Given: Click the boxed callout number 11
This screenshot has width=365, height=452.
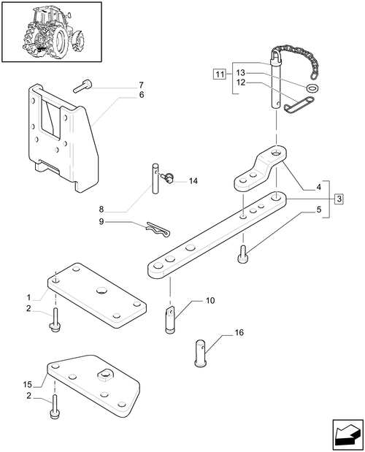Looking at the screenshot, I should click(219, 74).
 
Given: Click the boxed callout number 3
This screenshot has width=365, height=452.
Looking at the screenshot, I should click(339, 199).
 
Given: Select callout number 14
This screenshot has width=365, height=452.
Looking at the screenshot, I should click(193, 181).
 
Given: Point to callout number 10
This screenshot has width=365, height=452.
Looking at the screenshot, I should click(210, 301).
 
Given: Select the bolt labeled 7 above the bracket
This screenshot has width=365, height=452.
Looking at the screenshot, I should click(81, 88).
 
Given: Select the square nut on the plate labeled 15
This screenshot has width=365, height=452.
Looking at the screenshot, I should click(103, 375).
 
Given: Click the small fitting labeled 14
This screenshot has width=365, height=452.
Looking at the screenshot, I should click(168, 175).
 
